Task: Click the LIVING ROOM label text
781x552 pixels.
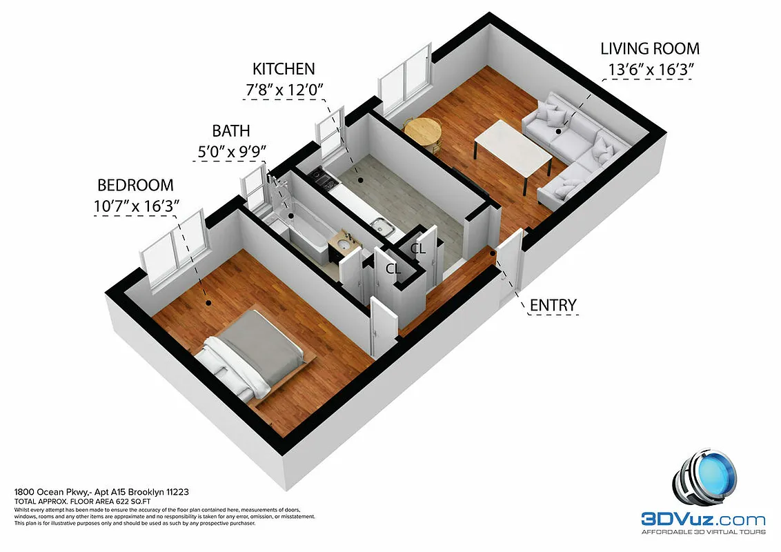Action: click(x=649, y=49)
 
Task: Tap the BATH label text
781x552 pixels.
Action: click(x=230, y=131)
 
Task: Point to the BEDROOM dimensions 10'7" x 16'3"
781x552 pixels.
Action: click(x=137, y=206)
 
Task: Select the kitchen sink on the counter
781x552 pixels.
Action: click(x=380, y=225)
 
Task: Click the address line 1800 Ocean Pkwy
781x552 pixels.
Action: click(x=101, y=492)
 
